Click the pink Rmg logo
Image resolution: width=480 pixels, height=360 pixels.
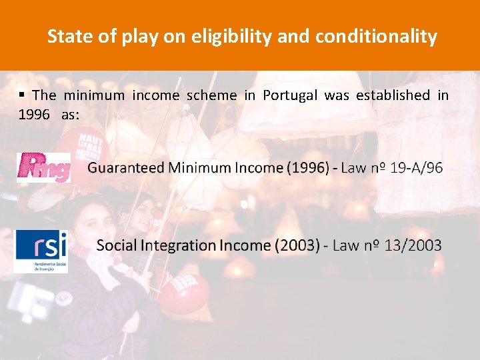[x=44, y=167]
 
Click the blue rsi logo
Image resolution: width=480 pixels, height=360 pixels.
[x=41, y=251]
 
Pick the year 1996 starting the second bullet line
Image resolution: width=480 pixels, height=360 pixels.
[x=34, y=115]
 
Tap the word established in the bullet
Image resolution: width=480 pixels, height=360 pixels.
[x=393, y=95]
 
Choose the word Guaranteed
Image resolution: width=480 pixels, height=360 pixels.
[x=126, y=168]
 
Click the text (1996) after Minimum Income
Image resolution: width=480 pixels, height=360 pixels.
[x=308, y=168]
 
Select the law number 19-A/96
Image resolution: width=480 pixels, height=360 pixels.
[x=416, y=168]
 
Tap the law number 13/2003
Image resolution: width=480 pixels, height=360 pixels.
[x=411, y=245]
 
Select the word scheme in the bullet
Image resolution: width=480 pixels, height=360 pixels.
[x=211, y=95]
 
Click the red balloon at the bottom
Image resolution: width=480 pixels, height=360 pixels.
[x=184, y=293]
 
